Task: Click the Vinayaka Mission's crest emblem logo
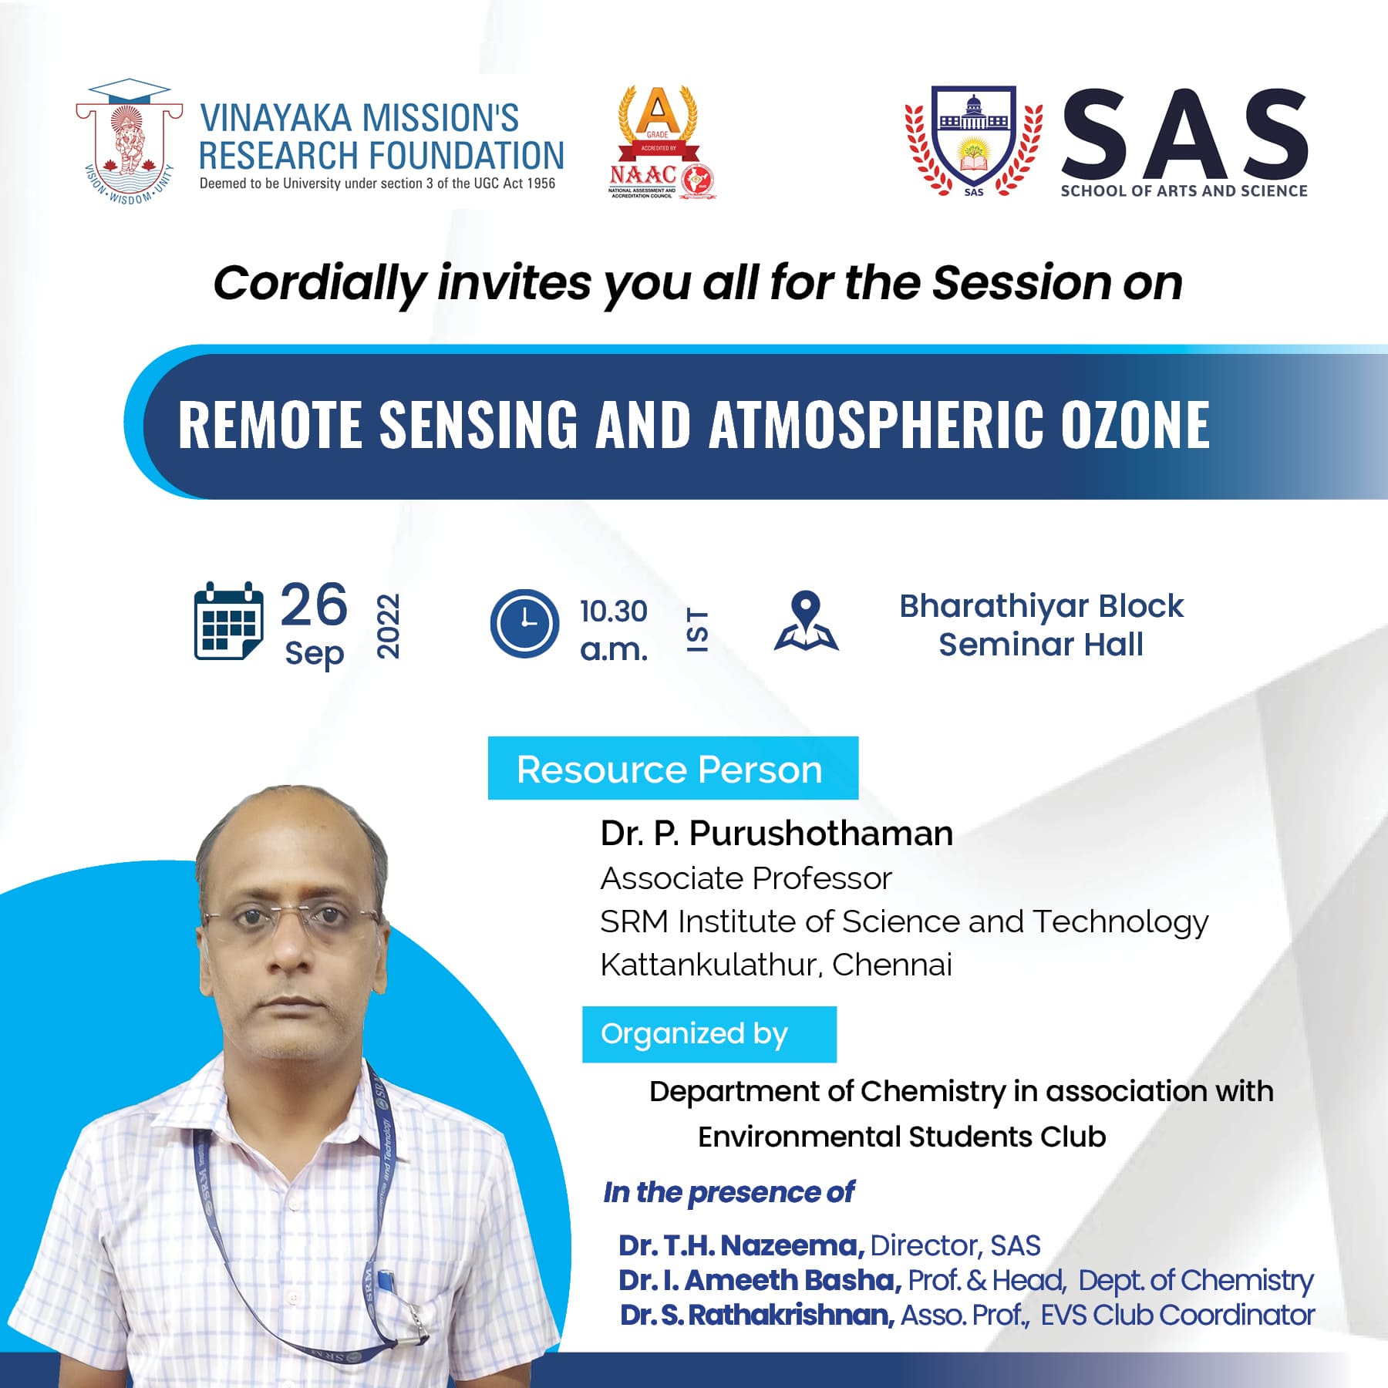(x=130, y=142)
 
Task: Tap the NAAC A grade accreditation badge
(x=661, y=143)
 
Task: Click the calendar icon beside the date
(x=228, y=622)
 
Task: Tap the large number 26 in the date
(x=314, y=605)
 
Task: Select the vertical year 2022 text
(x=388, y=626)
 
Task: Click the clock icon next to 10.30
(x=524, y=623)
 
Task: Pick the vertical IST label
(x=697, y=631)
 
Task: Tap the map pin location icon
(x=806, y=621)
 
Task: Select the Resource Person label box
(x=673, y=768)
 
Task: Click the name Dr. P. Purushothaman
(x=777, y=834)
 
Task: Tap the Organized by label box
(x=709, y=1034)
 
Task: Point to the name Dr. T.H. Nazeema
(x=741, y=1245)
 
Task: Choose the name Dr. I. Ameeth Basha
(x=760, y=1280)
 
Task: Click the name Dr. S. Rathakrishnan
(x=757, y=1315)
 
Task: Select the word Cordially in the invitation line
(x=319, y=284)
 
